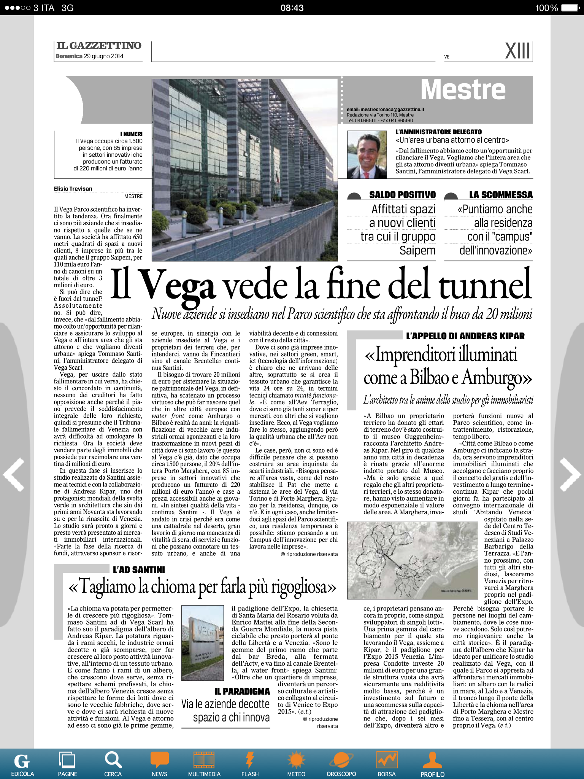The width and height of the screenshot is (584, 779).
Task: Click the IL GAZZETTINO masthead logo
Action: pyautogui.click(x=98, y=46)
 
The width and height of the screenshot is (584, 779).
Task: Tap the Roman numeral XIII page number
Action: pyautogui.click(x=518, y=51)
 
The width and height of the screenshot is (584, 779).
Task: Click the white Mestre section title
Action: pyautogui.click(x=463, y=90)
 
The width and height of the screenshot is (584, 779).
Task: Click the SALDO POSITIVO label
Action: pyautogui.click(x=402, y=195)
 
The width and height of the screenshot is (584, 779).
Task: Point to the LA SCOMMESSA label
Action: pyautogui.click(x=501, y=195)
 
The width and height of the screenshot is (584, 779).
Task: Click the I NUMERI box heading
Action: pyautogui.click(x=131, y=134)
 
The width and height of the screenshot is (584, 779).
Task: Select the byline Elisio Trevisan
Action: pyautogui.click(x=73, y=189)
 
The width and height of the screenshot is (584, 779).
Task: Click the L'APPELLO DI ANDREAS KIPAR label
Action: pyautogui.click(x=465, y=336)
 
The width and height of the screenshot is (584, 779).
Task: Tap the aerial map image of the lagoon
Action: pyautogui.click(x=413, y=560)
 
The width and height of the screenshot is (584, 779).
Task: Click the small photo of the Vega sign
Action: pyautogui.click(x=203, y=642)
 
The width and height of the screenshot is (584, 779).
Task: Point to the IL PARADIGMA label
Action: pyautogui.click(x=242, y=691)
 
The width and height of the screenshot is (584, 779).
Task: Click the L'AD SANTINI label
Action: pyautogui.click(x=139, y=569)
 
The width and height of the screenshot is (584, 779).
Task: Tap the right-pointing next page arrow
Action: pyautogui.click(x=570, y=475)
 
